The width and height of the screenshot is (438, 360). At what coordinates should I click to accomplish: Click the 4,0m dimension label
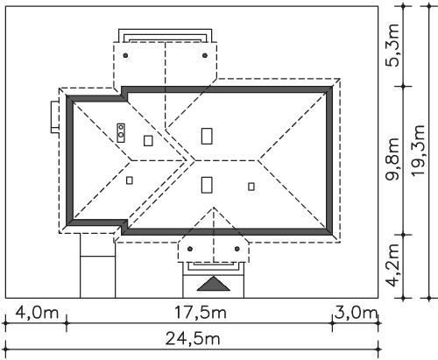[37, 313]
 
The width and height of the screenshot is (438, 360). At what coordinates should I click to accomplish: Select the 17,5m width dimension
[201, 313]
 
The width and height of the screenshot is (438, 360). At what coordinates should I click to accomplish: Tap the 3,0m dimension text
[356, 313]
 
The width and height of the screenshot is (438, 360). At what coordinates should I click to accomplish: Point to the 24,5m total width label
[193, 339]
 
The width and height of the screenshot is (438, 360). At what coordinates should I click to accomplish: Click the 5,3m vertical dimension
[392, 46]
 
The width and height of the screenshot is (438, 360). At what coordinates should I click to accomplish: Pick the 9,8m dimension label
[392, 159]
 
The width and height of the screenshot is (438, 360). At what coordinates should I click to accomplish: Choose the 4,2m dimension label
[392, 265]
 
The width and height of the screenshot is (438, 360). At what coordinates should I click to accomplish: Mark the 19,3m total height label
[418, 151]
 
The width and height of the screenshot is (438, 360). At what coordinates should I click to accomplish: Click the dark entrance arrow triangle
[214, 284]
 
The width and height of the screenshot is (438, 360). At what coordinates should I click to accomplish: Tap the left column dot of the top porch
[125, 55]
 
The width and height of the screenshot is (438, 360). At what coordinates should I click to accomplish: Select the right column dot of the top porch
[205, 55]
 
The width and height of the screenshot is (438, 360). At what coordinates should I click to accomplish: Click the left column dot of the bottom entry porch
[190, 249]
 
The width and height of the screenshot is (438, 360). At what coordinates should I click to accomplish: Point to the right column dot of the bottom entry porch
[237, 249]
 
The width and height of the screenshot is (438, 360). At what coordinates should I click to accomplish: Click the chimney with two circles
[121, 133]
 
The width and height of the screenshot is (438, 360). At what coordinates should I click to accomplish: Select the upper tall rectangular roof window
[207, 136]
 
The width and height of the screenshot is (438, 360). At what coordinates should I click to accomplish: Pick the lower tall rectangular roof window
[207, 185]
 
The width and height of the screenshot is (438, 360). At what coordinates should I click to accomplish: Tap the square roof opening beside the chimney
[148, 140]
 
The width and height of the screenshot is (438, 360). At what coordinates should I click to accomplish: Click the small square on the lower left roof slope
[130, 180]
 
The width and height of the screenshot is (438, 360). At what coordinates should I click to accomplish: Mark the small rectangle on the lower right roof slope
[251, 187]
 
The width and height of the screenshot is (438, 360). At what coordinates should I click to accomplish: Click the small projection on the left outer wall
[55, 116]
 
